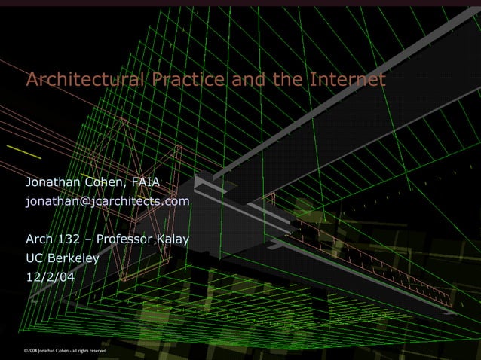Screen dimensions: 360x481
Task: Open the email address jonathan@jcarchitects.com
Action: [x=108, y=202]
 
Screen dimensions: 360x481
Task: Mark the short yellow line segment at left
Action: [x=29, y=152]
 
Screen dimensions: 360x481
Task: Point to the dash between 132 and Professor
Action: [x=89, y=240]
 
